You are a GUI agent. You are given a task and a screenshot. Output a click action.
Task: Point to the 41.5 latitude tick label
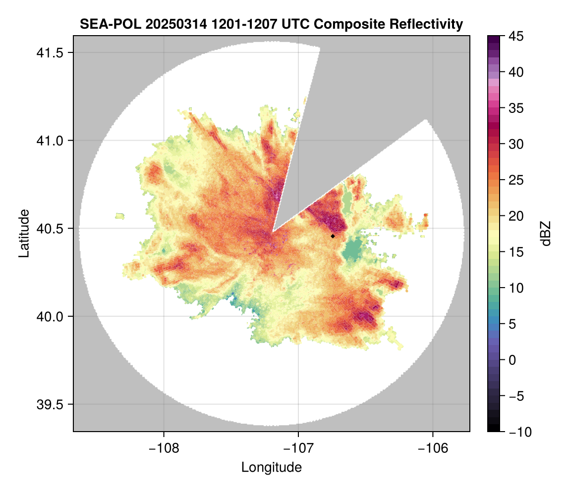(x=48, y=52)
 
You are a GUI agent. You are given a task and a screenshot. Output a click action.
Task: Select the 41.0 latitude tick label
(x=48, y=141)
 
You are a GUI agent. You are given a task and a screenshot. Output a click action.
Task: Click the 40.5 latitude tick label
(x=48, y=229)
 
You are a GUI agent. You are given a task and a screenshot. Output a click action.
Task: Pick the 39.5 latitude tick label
(x=48, y=404)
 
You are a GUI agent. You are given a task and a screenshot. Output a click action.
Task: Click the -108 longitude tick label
(x=163, y=448)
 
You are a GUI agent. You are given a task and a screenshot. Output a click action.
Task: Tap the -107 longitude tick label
(x=298, y=448)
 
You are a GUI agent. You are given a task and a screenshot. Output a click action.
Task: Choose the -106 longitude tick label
(x=433, y=448)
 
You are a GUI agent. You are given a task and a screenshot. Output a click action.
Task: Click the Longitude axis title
(x=272, y=467)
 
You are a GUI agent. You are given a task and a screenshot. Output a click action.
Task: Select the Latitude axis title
(x=24, y=233)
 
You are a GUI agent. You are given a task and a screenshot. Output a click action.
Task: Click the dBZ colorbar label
(x=546, y=233)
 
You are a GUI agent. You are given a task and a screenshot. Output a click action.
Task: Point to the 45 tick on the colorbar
(x=516, y=36)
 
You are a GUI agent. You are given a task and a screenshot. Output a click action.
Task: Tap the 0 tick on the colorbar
(x=513, y=360)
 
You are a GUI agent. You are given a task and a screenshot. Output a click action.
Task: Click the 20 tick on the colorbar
(x=516, y=216)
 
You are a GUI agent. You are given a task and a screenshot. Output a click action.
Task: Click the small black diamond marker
(x=333, y=236)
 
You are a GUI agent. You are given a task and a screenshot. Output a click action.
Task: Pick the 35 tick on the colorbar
(x=516, y=108)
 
